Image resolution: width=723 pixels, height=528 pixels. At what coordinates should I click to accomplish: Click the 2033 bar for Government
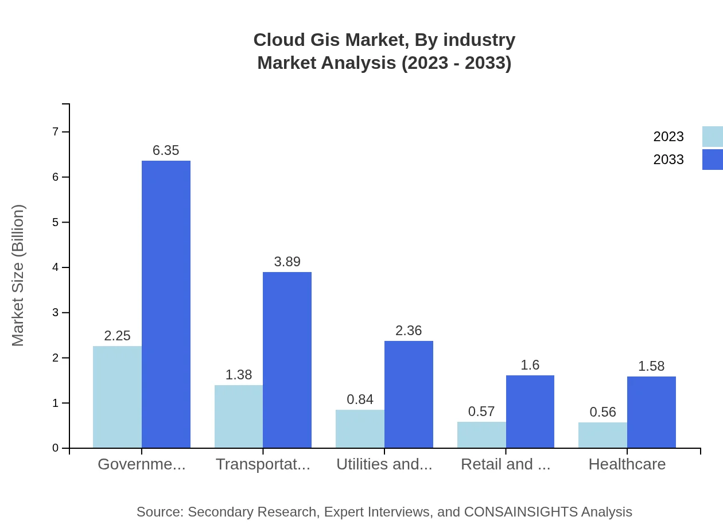click(x=166, y=304)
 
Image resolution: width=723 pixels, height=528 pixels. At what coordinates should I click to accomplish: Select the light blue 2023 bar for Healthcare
click(x=602, y=435)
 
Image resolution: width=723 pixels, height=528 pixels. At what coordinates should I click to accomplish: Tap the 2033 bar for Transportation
click(x=287, y=360)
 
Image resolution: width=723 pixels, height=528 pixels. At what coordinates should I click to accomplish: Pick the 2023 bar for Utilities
click(x=360, y=429)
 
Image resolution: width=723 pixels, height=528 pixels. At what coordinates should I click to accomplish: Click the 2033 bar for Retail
click(x=530, y=411)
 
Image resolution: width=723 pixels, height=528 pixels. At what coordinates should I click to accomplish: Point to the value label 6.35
click(x=166, y=150)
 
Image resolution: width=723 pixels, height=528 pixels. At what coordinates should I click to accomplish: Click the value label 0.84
click(x=360, y=399)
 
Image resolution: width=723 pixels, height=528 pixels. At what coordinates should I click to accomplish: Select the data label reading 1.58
click(x=651, y=366)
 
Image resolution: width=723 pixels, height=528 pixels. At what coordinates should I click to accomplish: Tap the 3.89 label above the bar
click(x=287, y=262)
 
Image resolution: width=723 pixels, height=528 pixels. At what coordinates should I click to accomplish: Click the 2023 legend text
click(x=668, y=137)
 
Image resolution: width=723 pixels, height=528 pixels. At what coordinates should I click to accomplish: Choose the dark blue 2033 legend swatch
click(x=712, y=160)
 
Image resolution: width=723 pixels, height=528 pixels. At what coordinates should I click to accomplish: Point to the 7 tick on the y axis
click(x=56, y=132)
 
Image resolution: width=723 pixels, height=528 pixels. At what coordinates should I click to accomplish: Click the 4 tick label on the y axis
click(x=56, y=267)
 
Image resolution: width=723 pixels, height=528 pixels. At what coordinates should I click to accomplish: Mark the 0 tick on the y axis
click(x=56, y=448)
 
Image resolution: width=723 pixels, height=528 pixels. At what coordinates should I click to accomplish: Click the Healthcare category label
click(x=627, y=464)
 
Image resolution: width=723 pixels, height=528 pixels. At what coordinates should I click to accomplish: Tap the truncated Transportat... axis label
click(x=263, y=464)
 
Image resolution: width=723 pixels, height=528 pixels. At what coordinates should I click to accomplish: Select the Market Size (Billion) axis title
click(x=18, y=275)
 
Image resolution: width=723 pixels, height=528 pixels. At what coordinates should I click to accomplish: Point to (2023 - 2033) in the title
click(x=456, y=63)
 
